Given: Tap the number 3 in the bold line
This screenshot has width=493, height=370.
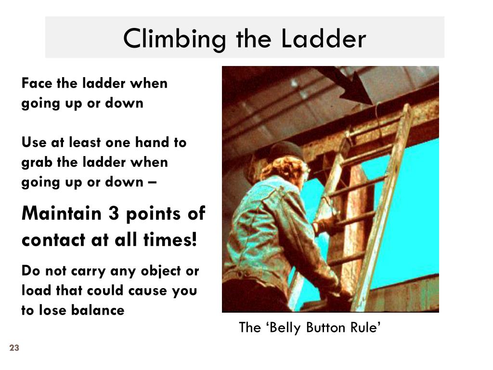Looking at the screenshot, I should tap(114, 213).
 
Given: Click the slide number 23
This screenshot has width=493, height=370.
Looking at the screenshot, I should tap(13, 348).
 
